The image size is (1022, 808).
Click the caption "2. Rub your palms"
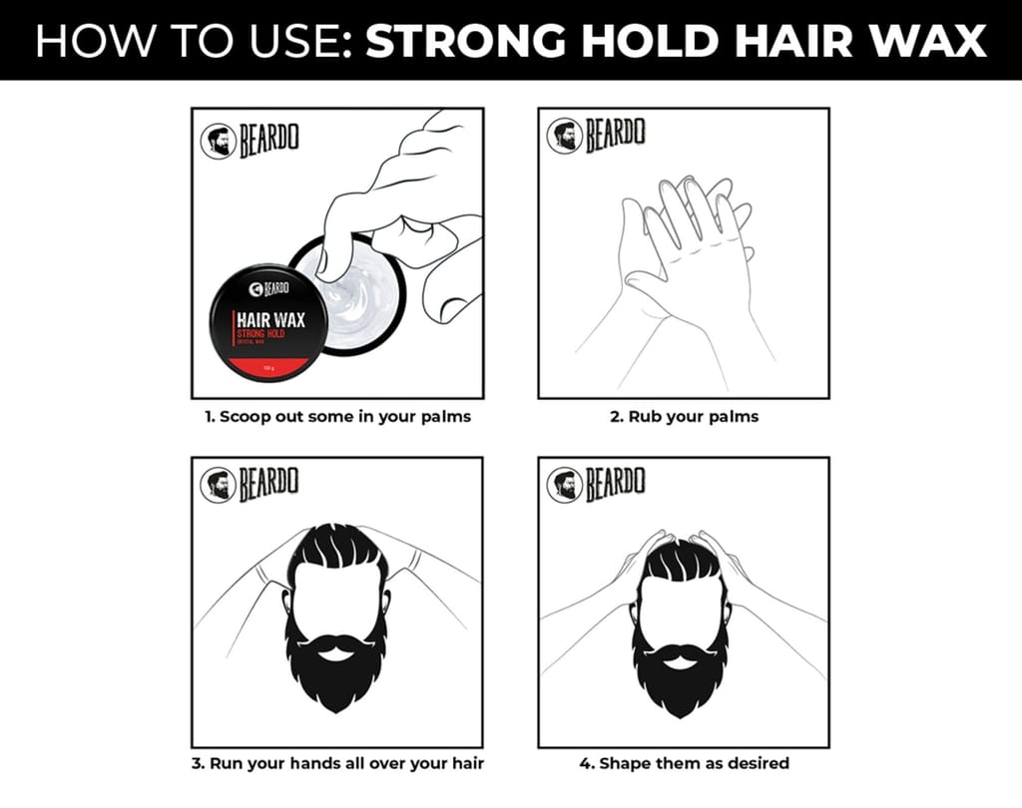click(684, 417)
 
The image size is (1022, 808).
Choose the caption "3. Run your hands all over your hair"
click(337, 764)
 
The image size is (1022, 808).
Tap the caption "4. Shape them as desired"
click(684, 764)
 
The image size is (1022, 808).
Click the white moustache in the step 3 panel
click(336, 647)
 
